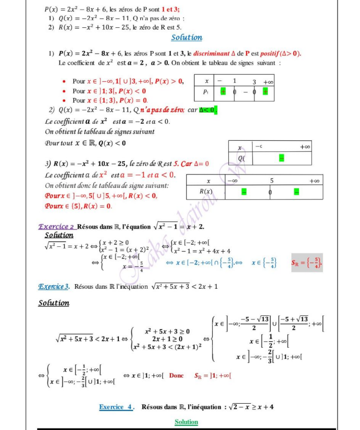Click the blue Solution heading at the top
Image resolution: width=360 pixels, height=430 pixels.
point(187,37)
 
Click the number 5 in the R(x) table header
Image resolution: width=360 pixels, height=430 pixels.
point(272,180)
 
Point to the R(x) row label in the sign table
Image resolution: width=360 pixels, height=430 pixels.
point(205,192)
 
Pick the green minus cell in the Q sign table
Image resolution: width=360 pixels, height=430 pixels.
point(281,158)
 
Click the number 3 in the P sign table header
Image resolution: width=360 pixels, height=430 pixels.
point(254,82)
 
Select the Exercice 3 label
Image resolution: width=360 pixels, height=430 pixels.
point(54,287)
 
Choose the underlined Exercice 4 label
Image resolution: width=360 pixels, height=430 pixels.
point(116,406)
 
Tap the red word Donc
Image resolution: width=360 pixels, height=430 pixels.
point(176,375)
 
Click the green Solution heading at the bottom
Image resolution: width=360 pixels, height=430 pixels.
point(187,421)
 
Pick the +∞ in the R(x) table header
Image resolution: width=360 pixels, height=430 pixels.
point(314,180)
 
